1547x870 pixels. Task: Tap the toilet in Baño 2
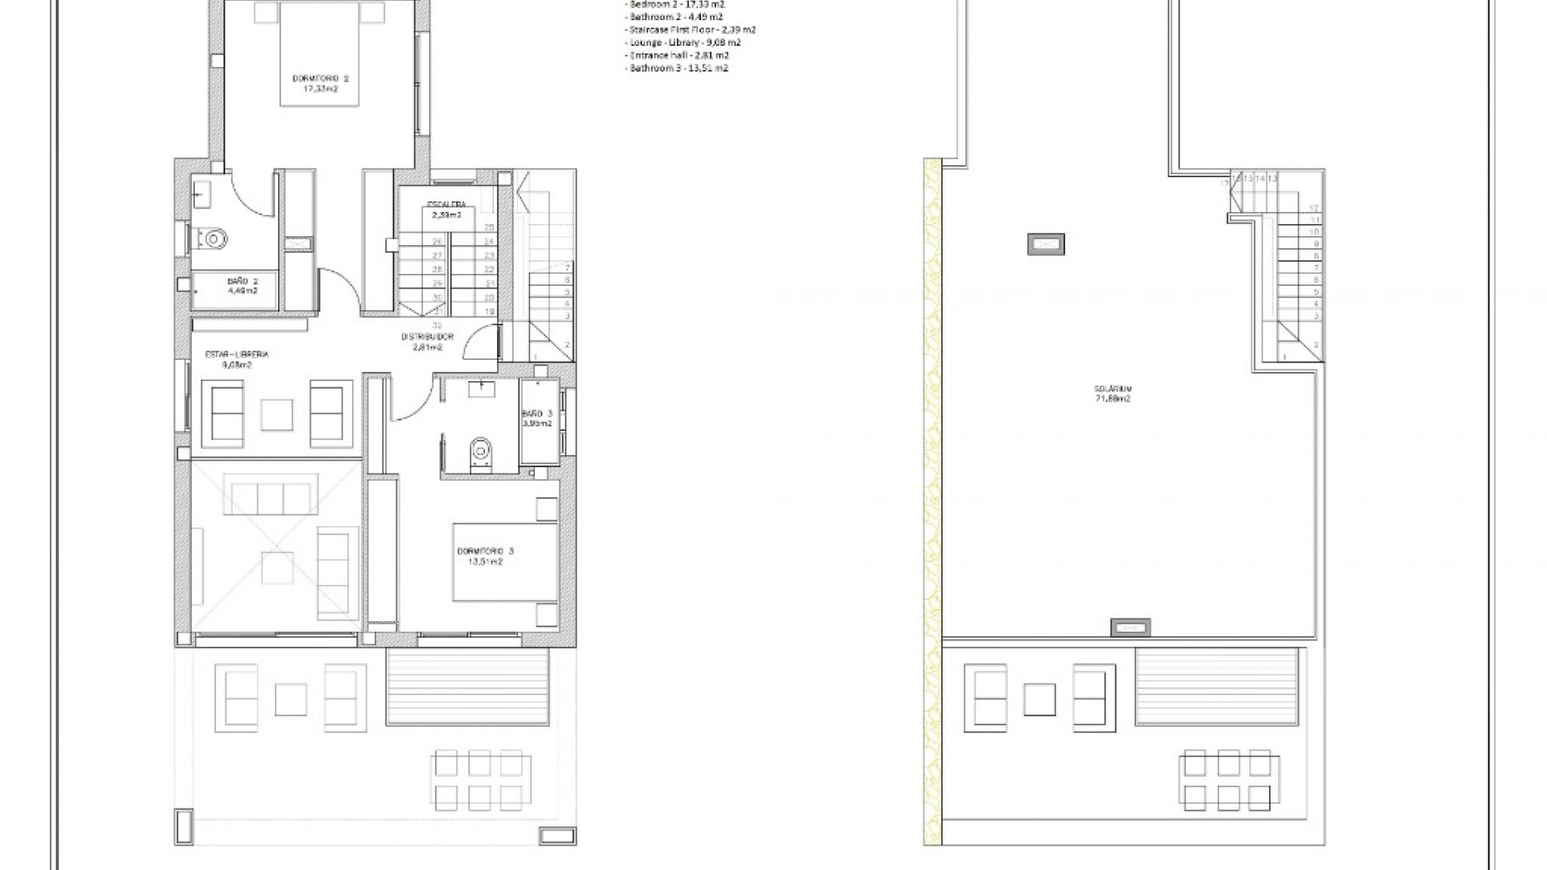click(x=214, y=238)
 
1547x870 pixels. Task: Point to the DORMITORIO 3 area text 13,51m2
click(x=485, y=562)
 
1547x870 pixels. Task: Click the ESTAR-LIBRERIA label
click(x=237, y=354)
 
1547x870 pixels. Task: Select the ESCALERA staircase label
click(x=446, y=205)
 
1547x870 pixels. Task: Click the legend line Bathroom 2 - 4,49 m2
click(x=675, y=17)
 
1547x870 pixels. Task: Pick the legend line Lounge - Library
click(x=683, y=43)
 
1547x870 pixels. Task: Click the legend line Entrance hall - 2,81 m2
click(x=678, y=56)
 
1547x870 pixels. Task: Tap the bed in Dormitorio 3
click(x=505, y=562)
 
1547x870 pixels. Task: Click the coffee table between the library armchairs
click(x=276, y=414)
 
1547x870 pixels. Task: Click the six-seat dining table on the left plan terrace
click(x=476, y=780)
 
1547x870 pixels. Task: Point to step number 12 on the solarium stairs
click(x=1314, y=208)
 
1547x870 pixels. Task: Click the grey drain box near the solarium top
click(x=1046, y=244)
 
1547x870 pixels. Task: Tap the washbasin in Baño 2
click(x=200, y=193)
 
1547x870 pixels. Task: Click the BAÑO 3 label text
click(x=537, y=413)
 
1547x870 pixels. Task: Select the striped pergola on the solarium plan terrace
click(x=1217, y=687)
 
